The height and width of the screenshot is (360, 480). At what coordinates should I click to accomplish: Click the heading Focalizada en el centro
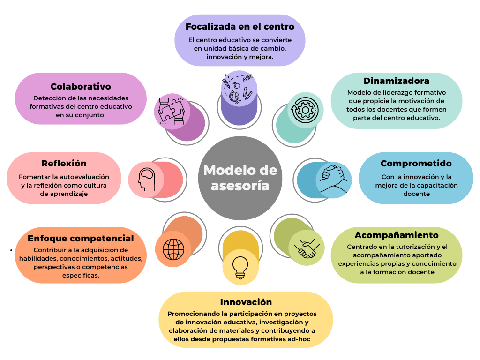coord(240,26)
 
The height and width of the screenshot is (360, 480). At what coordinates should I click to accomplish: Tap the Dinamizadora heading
coord(396,81)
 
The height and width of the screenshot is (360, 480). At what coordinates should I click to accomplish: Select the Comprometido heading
coord(416,164)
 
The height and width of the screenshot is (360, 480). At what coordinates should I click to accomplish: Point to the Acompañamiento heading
coord(396,235)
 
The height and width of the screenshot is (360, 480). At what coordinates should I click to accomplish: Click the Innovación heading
coord(246,302)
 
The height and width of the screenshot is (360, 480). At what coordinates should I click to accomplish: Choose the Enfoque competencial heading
coord(81,238)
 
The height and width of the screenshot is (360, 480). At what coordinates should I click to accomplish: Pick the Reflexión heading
coord(64,164)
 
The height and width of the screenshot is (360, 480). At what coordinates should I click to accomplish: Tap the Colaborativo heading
coord(81,87)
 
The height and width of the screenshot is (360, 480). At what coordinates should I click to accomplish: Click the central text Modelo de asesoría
coord(240,178)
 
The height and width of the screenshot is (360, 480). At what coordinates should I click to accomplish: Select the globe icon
coord(173,249)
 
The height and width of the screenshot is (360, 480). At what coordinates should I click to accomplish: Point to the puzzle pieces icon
coord(171,111)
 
